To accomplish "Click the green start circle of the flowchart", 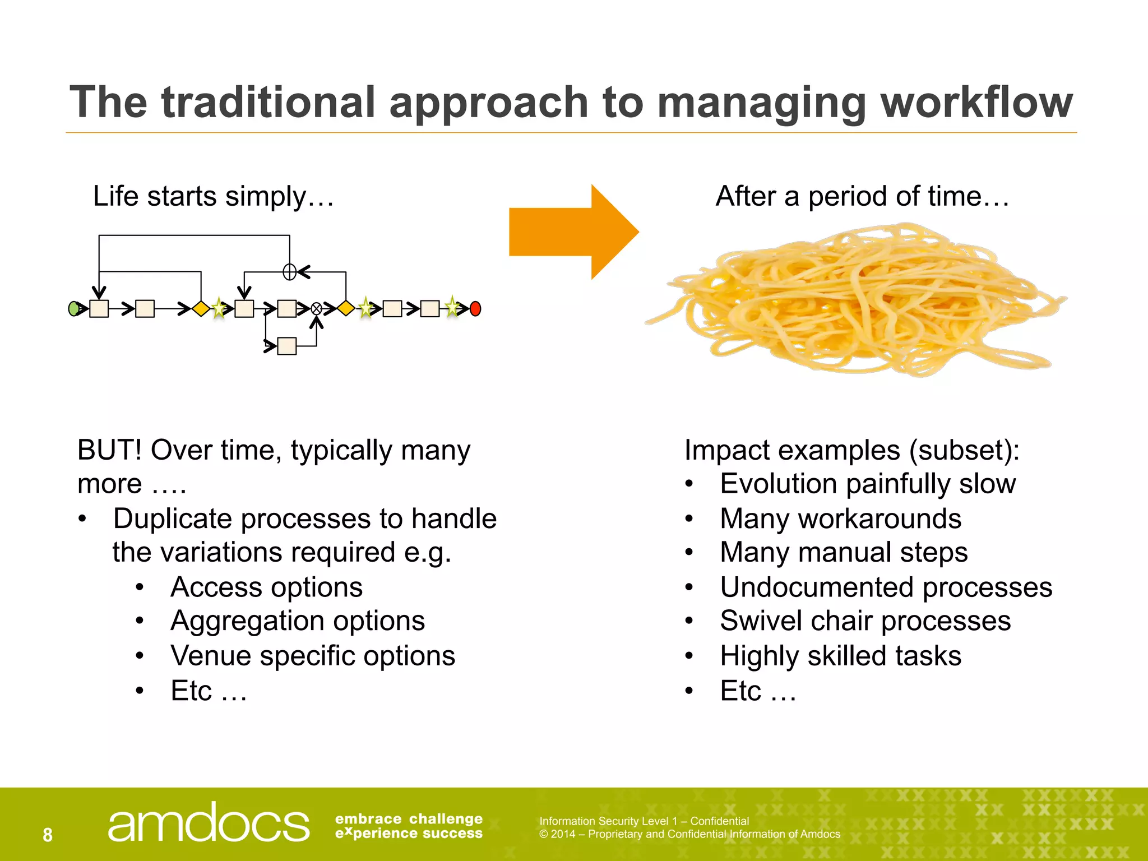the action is pyautogui.click(x=73, y=308).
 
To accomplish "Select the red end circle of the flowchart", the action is pyautogui.click(x=475, y=308).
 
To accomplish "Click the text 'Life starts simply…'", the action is pyautogui.click(x=213, y=197).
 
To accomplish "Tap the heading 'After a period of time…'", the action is pyautogui.click(x=862, y=197).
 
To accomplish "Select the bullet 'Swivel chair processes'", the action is pyautogui.click(x=865, y=621).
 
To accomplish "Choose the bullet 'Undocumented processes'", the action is pyautogui.click(x=886, y=587).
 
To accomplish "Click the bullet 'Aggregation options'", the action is pyautogui.click(x=298, y=621).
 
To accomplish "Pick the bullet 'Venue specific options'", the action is pyautogui.click(x=313, y=656).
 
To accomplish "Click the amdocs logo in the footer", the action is pyautogui.click(x=208, y=823).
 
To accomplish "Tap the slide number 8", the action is pyautogui.click(x=48, y=835).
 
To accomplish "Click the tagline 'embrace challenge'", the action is pyautogui.click(x=409, y=819).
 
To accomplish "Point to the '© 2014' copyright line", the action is pyautogui.click(x=689, y=834).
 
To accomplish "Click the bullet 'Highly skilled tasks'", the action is pyautogui.click(x=840, y=656).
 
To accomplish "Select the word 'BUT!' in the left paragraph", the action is pyautogui.click(x=109, y=450).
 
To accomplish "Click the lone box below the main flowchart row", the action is pyautogui.click(x=287, y=346).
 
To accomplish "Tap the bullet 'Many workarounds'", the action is pyautogui.click(x=840, y=519).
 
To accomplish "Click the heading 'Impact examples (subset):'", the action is pyautogui.click(x=852, y=450).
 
